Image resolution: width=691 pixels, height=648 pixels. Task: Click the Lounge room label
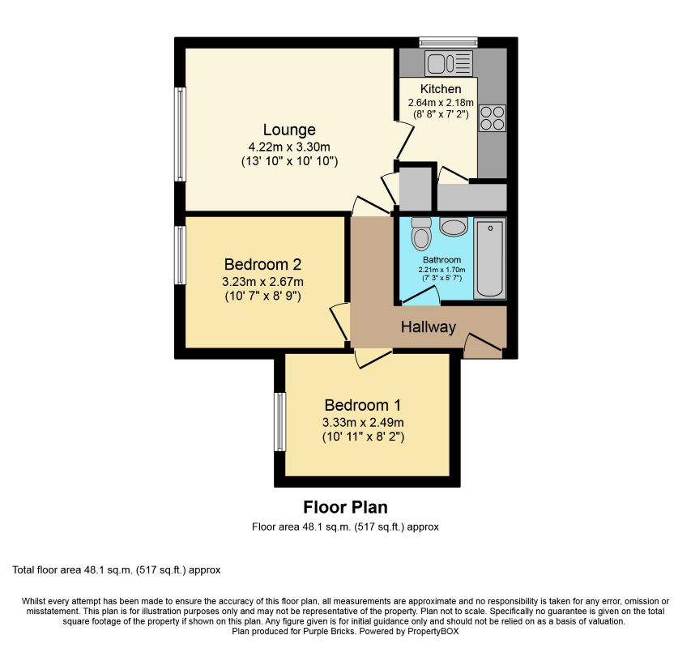coord(289,130)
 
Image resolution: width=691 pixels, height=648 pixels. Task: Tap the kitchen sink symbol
coord(449,63)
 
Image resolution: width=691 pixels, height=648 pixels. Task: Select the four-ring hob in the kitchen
coord(493,118)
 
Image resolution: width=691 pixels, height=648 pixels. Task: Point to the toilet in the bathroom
coord(421,233)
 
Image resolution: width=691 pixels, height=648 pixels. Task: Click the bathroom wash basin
coord(453,228)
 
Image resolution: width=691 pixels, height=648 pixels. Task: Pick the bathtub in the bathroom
coord(489,258)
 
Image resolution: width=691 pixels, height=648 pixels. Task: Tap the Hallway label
coord(428,327)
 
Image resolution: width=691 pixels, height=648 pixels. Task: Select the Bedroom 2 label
coord(262,264)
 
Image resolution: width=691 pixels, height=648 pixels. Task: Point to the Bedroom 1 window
coord(279,422)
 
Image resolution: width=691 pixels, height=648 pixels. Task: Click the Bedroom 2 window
coord(180,255)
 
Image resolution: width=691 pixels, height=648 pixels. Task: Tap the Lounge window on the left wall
coord(180,134)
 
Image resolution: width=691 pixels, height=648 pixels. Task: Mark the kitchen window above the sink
coord(448,42)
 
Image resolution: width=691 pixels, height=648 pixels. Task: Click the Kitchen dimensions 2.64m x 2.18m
coord(441,103)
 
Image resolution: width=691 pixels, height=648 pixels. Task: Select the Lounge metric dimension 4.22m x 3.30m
coord(289,147)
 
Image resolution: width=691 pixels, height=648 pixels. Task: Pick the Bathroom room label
coord(441,260)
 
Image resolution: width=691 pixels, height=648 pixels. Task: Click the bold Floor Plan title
coord(345,507)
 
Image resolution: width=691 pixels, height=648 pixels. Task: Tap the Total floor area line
coord(117,570)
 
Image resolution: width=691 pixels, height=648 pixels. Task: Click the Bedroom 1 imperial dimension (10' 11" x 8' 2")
coord(363,437)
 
